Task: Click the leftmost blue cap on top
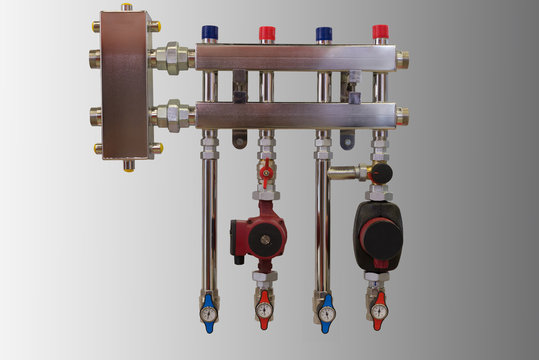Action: [210, 33]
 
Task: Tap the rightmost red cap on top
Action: [380, 32]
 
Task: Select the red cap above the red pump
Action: [267, 33]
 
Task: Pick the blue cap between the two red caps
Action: [324, 33]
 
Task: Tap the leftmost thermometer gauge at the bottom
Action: [208, 313]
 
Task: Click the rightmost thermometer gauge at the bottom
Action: [378, 312]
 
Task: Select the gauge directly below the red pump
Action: [264, 312]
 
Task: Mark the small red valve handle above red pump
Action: [266, 170]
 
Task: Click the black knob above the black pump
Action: [380, 173]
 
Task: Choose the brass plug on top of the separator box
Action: [126, 8]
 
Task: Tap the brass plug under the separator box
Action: [128, 165]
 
